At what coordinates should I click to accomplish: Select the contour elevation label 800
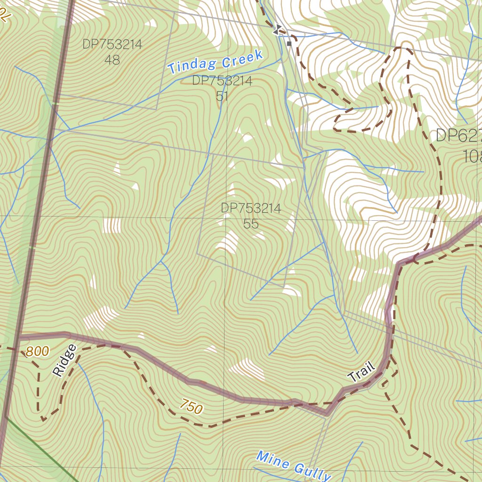tap(37, 352)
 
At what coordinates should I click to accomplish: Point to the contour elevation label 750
tap(191, 406)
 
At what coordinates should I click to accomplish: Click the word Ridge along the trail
tap(64, 361)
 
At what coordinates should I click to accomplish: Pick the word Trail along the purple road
tap(361, 371)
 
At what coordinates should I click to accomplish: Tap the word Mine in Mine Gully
tap(273, 460)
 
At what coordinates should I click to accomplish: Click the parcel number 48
tap(112, 60)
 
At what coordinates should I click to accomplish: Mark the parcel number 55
tap(251, 224)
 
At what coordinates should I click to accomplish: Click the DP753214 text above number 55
tap(251, 208)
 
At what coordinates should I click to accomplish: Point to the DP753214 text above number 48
tap(112, 45)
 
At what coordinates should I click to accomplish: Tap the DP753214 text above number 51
tap(222, 81)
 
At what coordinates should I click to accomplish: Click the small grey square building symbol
tap(289, 43)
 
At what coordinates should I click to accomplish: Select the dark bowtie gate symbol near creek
tap(277, 31)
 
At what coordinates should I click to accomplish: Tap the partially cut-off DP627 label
tap(458, 136)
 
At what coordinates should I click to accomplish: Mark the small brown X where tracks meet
tap(414, 258)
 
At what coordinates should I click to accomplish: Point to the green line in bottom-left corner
tap(47, 452)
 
